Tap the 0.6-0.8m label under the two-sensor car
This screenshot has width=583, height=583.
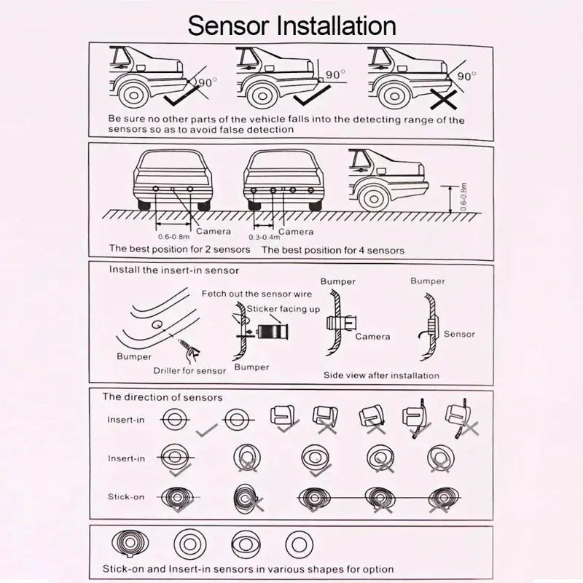pos(173,237)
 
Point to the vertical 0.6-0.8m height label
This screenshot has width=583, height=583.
pos(464,196)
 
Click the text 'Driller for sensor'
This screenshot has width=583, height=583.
pos(189,370)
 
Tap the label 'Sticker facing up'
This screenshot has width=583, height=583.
pos(283,309)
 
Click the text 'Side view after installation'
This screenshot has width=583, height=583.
pos(381,375)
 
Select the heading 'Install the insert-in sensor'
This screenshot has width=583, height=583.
pos(173,270)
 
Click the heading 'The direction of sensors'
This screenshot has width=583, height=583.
pos(162,397)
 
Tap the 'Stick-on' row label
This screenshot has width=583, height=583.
pos(126,497)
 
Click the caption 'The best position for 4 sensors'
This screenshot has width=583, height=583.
pos(332,250)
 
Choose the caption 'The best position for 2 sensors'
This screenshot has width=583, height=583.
pos(179,249)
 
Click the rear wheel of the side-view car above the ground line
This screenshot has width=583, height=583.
pos(374,197)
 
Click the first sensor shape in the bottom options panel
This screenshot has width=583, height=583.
pos(130,543)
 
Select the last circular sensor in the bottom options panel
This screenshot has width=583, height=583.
pos(296,543)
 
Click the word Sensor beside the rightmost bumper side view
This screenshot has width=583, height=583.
pos(459,334)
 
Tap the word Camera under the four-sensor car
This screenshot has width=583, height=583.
pos(297,231)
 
